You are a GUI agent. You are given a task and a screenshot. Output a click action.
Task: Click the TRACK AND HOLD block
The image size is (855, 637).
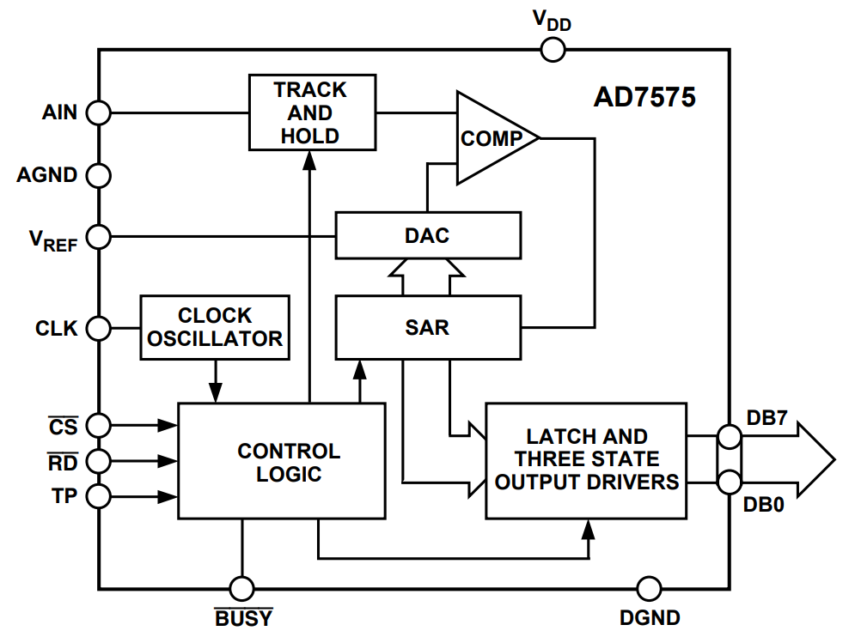coord(312,112)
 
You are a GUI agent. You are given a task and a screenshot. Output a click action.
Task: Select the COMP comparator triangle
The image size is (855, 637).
coord(491,138)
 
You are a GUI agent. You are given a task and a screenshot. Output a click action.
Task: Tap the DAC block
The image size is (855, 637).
coord(427,235)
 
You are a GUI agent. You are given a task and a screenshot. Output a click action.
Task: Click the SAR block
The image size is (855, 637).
coord(427,327)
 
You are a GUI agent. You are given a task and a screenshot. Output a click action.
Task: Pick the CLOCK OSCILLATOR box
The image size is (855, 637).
coord(214,327)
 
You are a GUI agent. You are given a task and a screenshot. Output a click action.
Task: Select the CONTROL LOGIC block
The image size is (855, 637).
coord(281,461)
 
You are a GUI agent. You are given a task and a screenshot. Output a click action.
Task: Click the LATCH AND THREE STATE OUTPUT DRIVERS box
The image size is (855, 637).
coord(586,460)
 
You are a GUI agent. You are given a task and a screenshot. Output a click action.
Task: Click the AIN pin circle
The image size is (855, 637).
coord(100,112)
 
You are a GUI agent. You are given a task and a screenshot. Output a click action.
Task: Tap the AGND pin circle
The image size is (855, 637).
coord(100,175)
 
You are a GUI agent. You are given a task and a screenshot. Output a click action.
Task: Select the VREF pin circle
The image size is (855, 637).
coord(100,236)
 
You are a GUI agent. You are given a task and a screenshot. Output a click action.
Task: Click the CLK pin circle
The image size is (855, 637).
coord(100,327)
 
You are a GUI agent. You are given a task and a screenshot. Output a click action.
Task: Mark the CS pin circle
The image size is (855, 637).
coord(100,425)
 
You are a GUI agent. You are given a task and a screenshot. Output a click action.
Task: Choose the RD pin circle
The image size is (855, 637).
coord(100,461)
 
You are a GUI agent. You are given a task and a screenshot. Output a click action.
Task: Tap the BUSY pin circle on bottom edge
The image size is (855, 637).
coord(242,589)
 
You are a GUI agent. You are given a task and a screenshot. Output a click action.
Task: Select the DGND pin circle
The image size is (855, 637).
coord(650,589)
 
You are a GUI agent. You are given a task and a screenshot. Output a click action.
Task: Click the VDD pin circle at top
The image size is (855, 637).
coord(553,50)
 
